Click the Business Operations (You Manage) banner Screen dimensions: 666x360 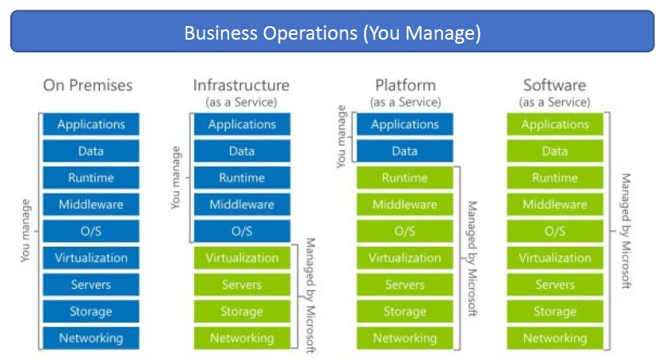[x=332, y=32]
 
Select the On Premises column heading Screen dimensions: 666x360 [x=88, y=86]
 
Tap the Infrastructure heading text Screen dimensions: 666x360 [x=241, y=86]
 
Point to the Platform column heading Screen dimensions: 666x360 [x=406, y=86]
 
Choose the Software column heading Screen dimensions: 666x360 [x=555, y=86]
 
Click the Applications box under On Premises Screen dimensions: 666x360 [x=91, y=124]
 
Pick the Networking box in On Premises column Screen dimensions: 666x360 [x=91, y=338]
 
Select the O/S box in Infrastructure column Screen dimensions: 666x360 [x=242, y=231]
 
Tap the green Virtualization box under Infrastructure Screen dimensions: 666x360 [x=242, y=258]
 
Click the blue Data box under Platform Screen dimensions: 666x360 [x=405, y=151]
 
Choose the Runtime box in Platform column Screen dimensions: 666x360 [x=405, y=178]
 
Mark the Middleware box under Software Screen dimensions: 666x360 [x=555, y=205]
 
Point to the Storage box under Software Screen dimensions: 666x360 [x=555, y=311]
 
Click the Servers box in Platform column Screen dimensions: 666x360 [x=405, y=285]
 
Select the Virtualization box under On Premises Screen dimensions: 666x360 [x=91, y=258]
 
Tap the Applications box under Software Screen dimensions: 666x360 [x=555, y=124]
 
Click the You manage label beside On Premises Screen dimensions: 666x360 [x=25, y=231]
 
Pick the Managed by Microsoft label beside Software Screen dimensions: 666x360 [x=626, y=231]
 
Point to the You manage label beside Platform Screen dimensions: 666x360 [x=341, y=136]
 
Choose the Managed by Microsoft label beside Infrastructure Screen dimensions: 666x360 [x=311, y=296]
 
